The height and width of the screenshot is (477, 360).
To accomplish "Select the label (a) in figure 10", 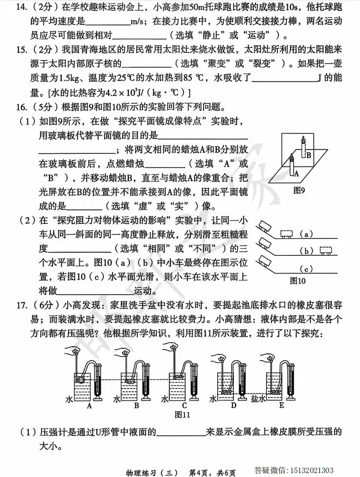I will click(x=309, y=234).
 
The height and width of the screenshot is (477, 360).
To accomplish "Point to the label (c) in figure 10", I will click(x=309, y=269).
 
